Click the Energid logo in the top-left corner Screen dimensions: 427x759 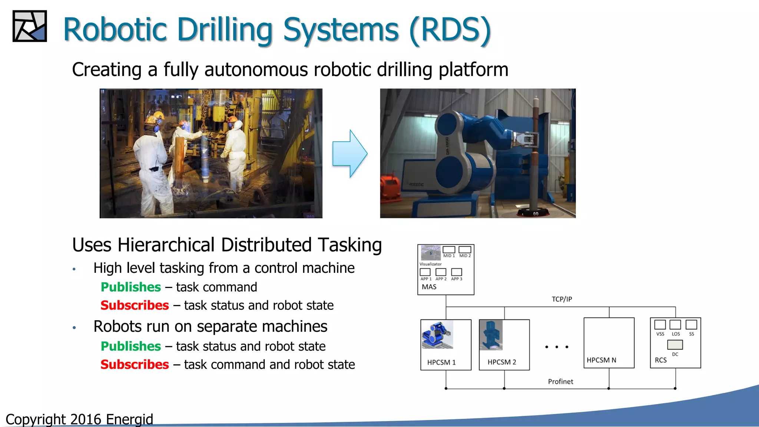30,26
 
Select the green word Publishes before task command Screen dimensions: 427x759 131,287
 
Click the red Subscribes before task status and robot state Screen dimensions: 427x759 135,305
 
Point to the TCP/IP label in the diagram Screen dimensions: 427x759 561,299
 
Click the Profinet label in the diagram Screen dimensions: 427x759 560,381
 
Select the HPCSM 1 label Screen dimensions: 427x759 441,362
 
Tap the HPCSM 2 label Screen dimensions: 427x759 501,362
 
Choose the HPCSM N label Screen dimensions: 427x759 601,360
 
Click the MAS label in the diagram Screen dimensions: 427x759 429,287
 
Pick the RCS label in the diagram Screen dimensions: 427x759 660,360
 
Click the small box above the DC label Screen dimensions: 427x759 675,345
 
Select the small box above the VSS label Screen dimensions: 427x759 660,325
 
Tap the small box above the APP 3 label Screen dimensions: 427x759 457,272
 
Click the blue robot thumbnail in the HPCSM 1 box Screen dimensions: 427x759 437,335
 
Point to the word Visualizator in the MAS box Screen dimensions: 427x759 430,264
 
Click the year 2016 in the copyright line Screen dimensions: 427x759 85,420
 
